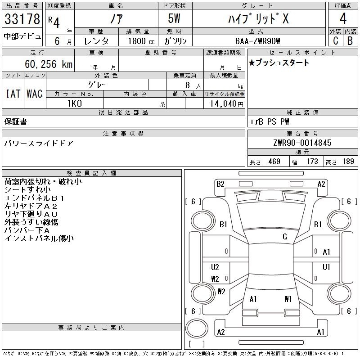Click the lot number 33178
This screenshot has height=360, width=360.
(22, 19)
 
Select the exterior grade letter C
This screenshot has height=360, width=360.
(336, 40)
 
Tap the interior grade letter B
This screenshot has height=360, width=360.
(350, 40)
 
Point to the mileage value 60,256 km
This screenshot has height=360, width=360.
(49, 64)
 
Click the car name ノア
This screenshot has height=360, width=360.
(117, 18)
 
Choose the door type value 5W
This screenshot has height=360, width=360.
(174, 18)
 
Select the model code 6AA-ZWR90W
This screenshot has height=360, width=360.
(258, 41)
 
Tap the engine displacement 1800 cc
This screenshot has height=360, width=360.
(141, 41)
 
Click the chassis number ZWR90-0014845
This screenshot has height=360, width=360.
(302, 143)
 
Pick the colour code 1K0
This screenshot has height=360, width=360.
(75, 103)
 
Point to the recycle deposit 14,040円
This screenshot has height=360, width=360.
(226, 104)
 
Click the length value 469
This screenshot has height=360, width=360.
(274, 162)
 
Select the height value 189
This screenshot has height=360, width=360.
(348, 162)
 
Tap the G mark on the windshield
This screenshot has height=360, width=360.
(285, 237)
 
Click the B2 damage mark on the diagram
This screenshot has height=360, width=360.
(220, 184)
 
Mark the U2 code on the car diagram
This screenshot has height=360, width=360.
(215, 267)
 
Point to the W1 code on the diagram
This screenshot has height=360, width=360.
(288, 299)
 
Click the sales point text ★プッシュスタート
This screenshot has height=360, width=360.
(279, 63)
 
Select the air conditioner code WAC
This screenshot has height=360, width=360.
(35, 94)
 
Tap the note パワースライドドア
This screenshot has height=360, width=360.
(39, 144)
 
